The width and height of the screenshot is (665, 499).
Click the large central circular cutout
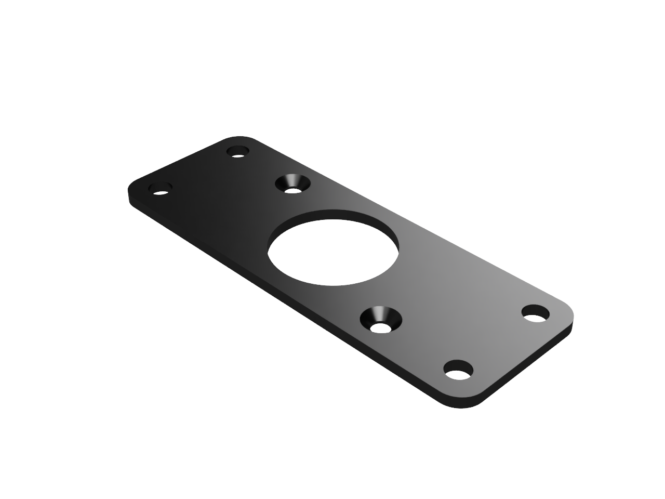[332, 252]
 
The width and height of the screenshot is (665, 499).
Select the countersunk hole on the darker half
[292, 184]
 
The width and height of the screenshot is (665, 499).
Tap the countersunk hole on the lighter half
[381, 319]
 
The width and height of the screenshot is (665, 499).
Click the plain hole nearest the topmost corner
[238, 152]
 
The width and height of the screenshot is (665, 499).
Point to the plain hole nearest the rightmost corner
[536, 313]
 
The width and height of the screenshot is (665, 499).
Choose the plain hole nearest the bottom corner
[459, 370]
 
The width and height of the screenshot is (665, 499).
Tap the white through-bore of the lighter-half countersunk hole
[381, 328]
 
